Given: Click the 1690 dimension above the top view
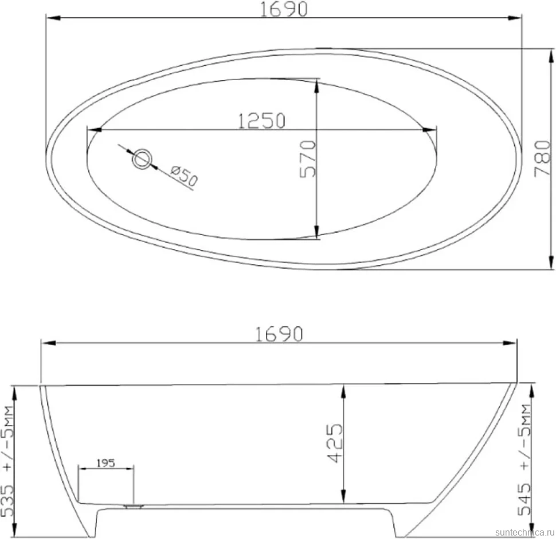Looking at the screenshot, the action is pyautogui.click(x=284, y=10).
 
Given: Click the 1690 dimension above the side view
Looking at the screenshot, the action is pyautogui.click(x=279, y=334).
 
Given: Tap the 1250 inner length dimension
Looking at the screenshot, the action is pyautogui.click(x=261, y=121).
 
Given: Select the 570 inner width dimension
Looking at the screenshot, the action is pyautogui.click(x=307, y=159).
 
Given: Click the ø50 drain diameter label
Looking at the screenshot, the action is pyautogui.click(x=183, y=176).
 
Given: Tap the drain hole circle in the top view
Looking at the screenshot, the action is pyautogui.click(x=143, y=159).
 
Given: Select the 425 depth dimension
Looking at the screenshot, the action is pyautogui.click(x=335, y=443).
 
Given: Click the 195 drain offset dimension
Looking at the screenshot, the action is pyautogui.click(x=105, y=463).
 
